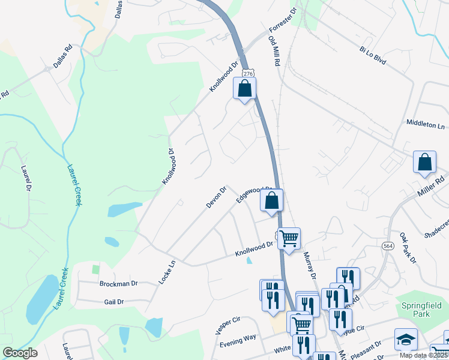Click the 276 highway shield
[247, 72]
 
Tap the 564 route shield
[388, 245]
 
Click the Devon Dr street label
[216, 197]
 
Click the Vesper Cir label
[228, 327]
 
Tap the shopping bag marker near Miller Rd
[424, 163]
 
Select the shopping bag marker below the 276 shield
[244, 89]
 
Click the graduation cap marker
[406, 340]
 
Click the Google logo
[19, 353]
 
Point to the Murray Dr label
[310, 265]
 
